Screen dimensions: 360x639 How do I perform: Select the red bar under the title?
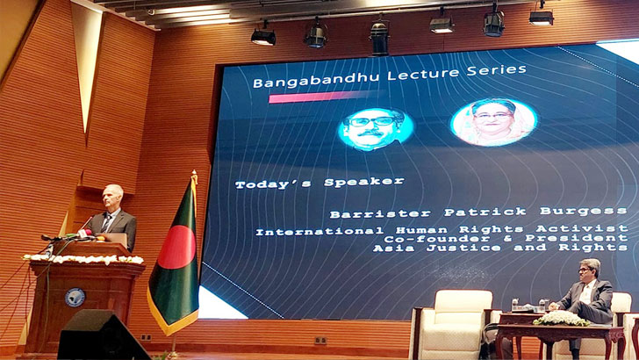(x=311, y=97)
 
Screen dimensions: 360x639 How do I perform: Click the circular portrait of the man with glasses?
(x=375, y=128)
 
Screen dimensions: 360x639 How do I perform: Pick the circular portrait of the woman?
(x=493, y=121)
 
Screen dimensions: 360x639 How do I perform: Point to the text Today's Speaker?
(x=319, y=183)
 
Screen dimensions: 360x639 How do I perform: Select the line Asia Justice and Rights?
(x=499, y=248)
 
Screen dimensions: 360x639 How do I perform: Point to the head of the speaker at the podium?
(x=111, y=198)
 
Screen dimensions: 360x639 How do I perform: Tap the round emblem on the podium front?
(x=75, y=297)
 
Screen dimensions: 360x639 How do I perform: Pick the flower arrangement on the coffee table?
(x=561, y=318)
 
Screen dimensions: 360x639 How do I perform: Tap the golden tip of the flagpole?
(x=194, y=176)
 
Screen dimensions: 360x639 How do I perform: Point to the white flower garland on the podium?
(x=83, y=259)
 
